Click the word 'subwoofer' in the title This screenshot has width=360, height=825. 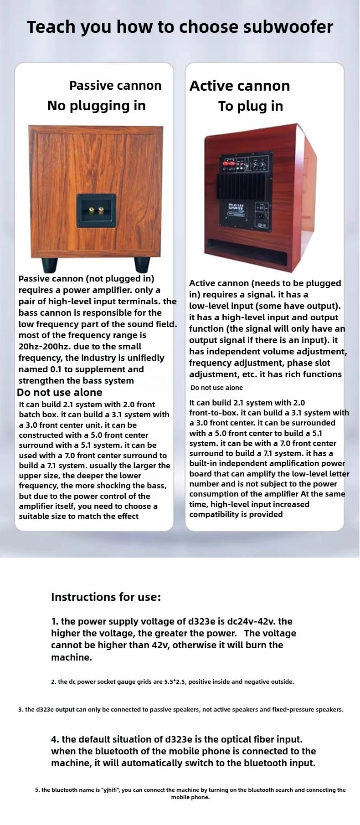click(x=288, y=27)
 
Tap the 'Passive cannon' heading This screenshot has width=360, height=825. click(x=115, y=86)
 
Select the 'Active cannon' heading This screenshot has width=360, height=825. click(x=240, y=86)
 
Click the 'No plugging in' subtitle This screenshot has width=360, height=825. click(x=97, y=106)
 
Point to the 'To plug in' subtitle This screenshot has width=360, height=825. click(x=251, y=106)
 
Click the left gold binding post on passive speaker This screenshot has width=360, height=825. click(x=90, y=211)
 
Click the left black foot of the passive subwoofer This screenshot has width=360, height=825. click(x=50, y=264)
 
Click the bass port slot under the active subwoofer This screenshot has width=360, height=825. click(x=248, y=251)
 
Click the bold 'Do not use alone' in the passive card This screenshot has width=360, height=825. click(x=60, y=392)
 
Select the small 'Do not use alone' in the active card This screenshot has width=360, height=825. click(x=216, y=388)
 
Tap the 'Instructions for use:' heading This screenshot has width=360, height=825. click(x=106, y=597)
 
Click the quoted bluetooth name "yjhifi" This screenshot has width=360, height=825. click(x=108, y=790)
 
